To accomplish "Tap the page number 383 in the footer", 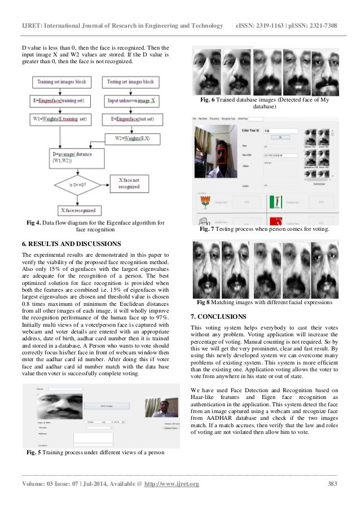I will pos(333,484).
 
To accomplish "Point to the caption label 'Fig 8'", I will pos(203,302).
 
